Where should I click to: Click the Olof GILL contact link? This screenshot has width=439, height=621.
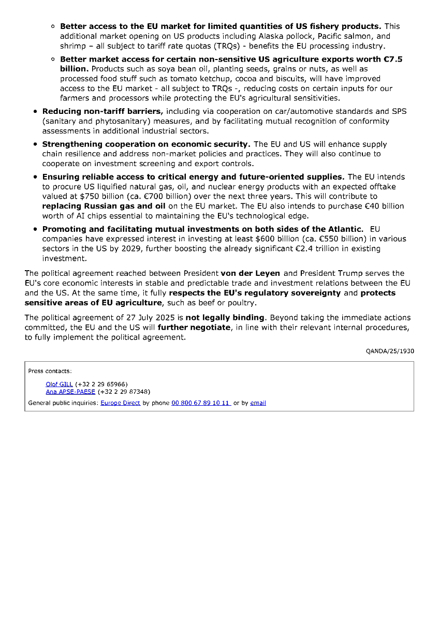click(x=59, y=385)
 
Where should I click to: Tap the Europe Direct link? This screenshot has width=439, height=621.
click(x=120, y=403)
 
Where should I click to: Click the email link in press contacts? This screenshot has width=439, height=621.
click(x=258, y=403)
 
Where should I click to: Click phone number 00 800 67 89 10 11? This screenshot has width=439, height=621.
click(x=201, y=403)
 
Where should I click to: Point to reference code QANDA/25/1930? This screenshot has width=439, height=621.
click(x=390, y=351)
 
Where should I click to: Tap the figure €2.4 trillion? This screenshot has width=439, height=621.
click(x=309, y=249)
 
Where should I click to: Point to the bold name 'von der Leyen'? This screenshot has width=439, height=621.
click(x=251, y=273)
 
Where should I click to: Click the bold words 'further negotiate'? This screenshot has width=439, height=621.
click(x=194, y=327)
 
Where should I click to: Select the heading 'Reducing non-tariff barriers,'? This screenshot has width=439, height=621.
click(x=103, y=111)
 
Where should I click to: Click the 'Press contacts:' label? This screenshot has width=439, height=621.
click(x=50, y=371)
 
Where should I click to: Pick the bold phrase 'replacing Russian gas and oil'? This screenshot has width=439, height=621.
click(x=104, y=206)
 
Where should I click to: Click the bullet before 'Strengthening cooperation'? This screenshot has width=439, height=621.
click(x=35, y=144)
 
